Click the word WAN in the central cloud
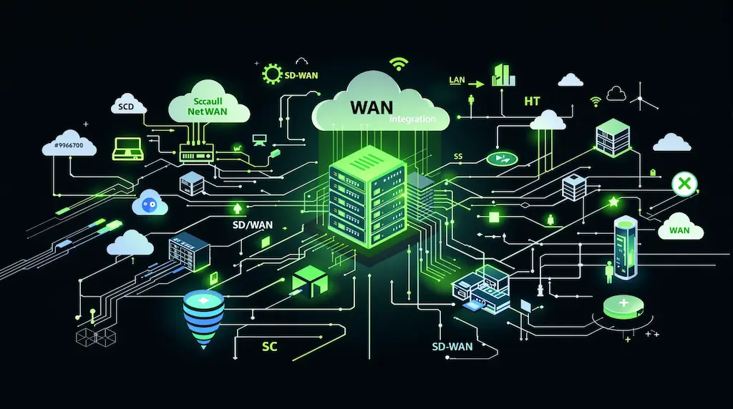pos(372,107)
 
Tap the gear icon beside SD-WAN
pos(272,74)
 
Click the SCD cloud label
pos(127,107)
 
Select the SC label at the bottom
pos(269,348)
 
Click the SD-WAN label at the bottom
pos(452,347)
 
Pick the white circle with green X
pos(685,184)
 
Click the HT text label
pos(531,102)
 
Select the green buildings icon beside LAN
pos(503,74)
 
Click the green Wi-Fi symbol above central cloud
pos(398,64)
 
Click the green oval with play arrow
pos(501,159)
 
